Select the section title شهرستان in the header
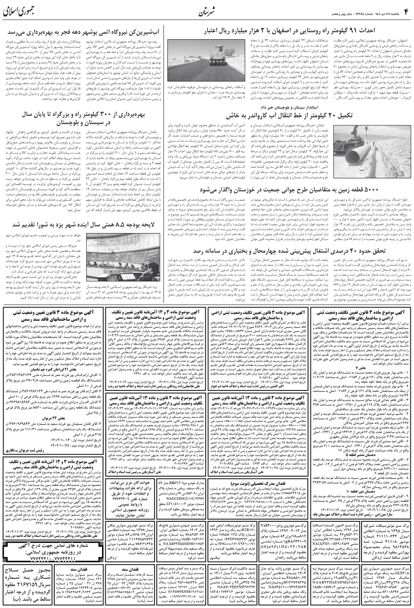click(207, 11)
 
